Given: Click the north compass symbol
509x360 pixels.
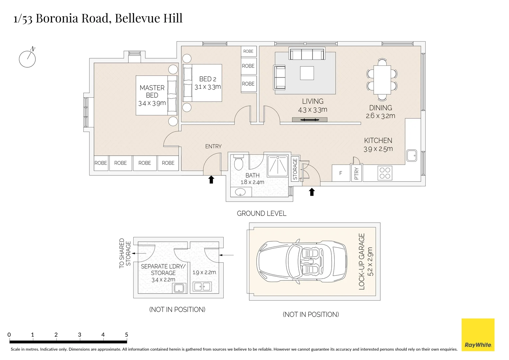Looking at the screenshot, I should [27, 59].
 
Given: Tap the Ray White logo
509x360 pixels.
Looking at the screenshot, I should [478, 335].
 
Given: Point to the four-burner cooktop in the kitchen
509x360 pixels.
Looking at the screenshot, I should [385, 173].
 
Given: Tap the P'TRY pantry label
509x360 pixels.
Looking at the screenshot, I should [356, 173].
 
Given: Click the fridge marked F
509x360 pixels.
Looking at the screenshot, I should [341, 173].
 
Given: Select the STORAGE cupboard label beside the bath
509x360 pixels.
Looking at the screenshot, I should [295, 169].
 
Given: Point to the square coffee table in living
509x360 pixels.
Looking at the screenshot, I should [307, 73].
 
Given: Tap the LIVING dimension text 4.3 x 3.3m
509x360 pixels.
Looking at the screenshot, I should [313, 110].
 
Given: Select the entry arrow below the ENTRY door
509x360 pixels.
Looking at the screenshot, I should [211, 180].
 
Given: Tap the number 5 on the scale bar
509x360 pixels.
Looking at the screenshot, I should [126, 335].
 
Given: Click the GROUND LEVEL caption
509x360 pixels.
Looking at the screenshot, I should [261, 214].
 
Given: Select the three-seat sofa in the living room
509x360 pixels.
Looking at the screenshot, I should [307, 54].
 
